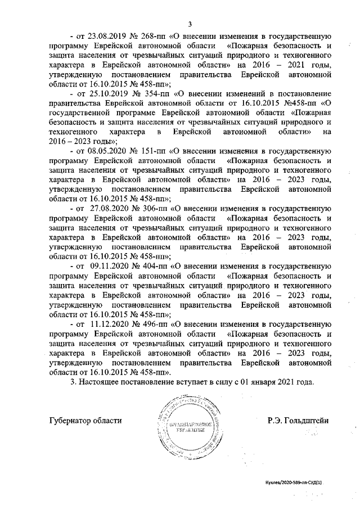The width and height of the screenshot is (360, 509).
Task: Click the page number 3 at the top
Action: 190,23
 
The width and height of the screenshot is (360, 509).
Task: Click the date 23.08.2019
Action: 109,37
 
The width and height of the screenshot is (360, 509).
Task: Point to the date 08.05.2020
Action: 109,152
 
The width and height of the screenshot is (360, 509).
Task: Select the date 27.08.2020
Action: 110,208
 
